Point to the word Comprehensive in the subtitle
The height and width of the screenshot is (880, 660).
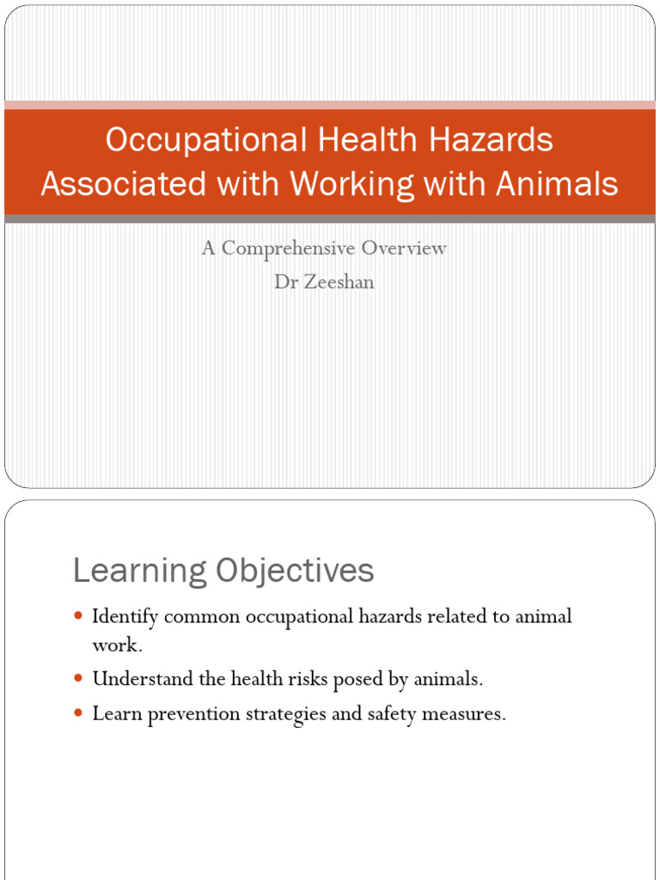tap(289, 249)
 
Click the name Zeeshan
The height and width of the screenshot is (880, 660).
tap(337, 282)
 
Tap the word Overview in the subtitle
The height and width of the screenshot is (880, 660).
tap(404, 249)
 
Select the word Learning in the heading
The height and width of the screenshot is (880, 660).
tap(141, 571)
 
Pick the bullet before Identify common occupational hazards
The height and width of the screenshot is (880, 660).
tap(79, 616)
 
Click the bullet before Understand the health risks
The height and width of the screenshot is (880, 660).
tap(79, 679)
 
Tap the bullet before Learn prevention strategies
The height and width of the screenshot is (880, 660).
tap(79, 713)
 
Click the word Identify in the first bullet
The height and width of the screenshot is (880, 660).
tap(125, 617)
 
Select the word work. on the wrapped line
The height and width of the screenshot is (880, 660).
tap(117, 645)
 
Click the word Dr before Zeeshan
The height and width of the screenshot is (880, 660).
tap(284, 282)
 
